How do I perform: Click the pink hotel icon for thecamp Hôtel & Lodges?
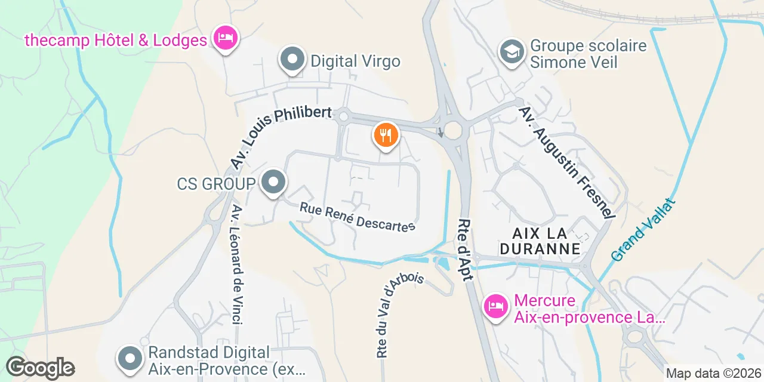226,39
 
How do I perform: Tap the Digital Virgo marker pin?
292,60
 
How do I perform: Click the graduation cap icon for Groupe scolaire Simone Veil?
512,51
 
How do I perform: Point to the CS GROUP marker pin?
274,182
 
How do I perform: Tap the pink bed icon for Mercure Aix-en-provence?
495,306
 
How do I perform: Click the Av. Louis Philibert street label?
280,137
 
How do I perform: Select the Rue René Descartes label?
357,217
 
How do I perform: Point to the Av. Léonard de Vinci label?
236,265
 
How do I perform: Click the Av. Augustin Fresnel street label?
566,162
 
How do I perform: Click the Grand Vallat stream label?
643,230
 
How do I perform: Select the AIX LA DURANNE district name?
540,240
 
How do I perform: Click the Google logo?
40,368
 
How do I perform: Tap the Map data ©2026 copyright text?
713,374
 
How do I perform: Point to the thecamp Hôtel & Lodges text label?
116,40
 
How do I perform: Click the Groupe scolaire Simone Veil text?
588,54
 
